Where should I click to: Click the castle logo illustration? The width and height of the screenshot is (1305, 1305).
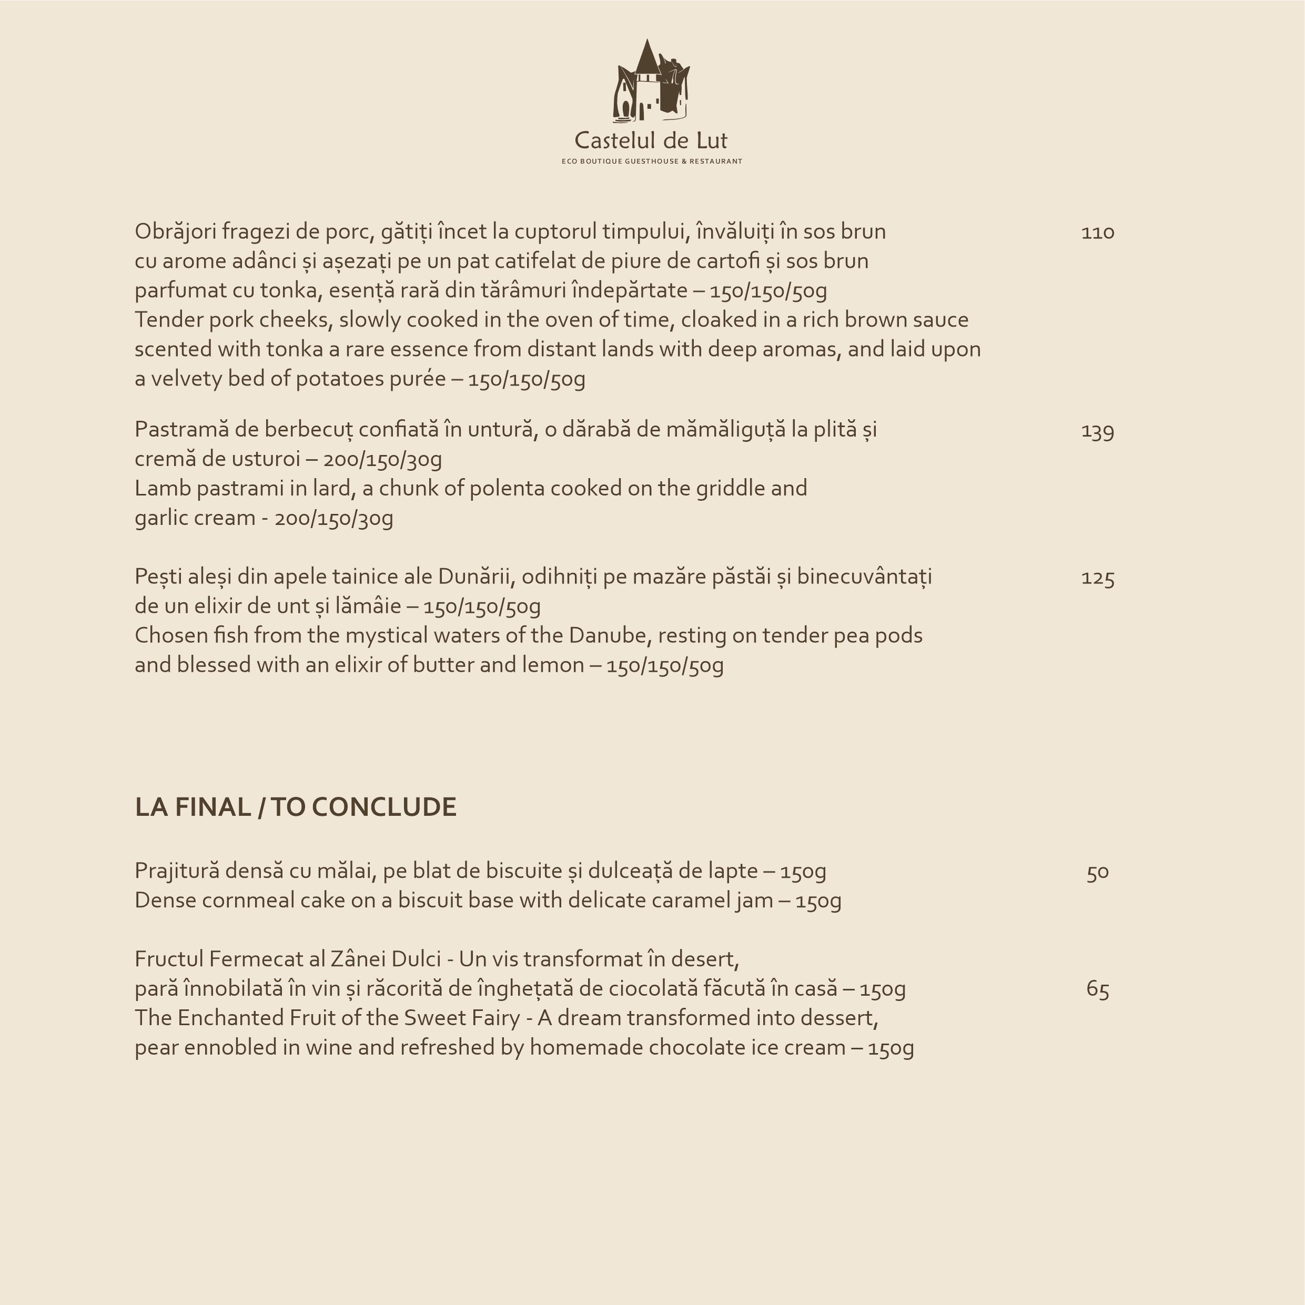pos(651,81)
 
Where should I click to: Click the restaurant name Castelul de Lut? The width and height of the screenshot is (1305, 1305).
pos(651,140)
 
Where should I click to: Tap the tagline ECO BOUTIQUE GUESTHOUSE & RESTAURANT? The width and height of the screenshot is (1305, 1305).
pos(652,161)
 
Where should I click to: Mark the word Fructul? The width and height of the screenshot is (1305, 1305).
pos(169,959)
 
